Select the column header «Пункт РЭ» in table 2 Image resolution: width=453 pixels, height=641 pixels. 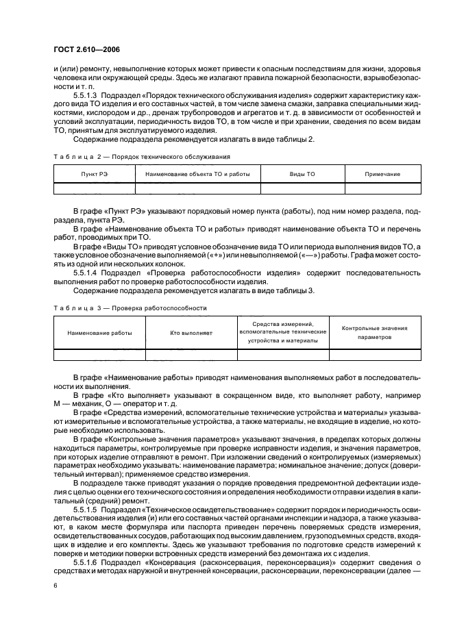point(94,175)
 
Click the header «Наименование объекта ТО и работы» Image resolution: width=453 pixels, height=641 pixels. point(198,175)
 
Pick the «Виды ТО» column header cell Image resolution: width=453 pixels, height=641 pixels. point(302,175)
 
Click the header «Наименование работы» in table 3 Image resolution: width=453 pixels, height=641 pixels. point(99,332)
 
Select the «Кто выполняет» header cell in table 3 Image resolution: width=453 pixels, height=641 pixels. point(191,332)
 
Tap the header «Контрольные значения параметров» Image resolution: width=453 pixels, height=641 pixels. point(374,332)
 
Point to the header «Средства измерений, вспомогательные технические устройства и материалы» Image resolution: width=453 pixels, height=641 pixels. point(283,332)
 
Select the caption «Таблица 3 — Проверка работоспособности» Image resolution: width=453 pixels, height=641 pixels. point(130,308)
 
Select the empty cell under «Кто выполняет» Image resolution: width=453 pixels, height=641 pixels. point(191,355)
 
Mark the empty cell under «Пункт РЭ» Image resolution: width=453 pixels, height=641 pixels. point(94,189)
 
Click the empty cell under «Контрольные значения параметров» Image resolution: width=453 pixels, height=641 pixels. point(374,355)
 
